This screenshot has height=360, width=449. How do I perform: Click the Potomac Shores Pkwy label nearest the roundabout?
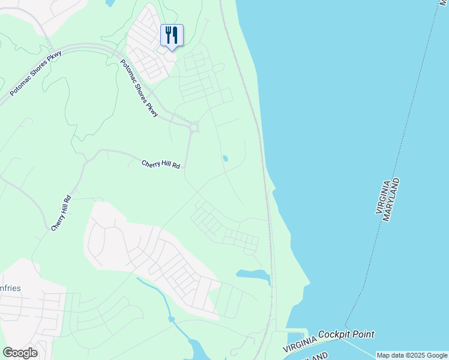pos(140,88)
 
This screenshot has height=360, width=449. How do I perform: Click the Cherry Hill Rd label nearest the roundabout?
pos(161,164)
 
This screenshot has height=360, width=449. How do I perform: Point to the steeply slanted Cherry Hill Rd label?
pos(61,213)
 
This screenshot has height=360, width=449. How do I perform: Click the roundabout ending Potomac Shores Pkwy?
pos(194,127)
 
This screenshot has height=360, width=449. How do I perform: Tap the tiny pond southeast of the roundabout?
pos(225,159)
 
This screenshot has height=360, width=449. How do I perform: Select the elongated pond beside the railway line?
pos(254,275)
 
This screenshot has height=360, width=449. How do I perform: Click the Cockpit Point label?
pos(346,334)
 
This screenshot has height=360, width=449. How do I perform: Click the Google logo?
pos(20,353)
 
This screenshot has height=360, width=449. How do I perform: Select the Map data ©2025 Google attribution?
pos(412,355)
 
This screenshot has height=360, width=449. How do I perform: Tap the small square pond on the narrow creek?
pos(172,319)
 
